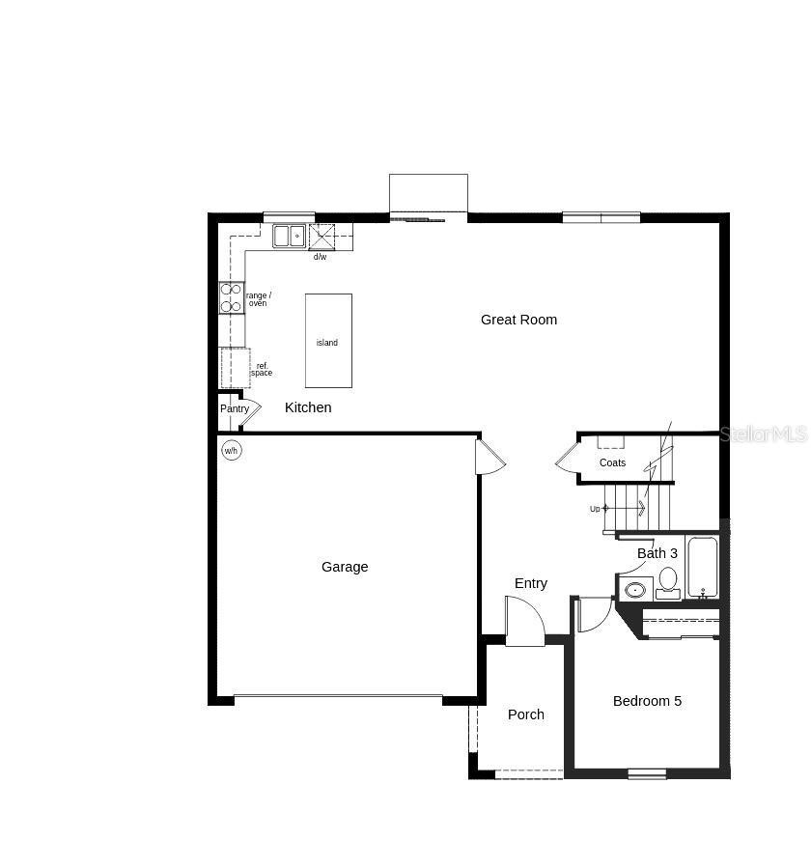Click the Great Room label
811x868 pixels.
(518, 320)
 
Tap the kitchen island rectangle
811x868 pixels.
(328, 341)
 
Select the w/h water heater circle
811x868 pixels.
(231, 451)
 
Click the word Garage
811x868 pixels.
(345, 567)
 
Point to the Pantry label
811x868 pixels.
(235, 409)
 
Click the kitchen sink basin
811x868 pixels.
(288, 236)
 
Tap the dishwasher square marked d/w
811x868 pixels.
(321, 236)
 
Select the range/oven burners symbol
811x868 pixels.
(232, 297)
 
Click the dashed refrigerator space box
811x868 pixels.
(236, 368)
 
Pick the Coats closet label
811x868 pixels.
(612, 462)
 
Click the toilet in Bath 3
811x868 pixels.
(668, 580)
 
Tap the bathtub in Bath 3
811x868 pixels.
(703, 568)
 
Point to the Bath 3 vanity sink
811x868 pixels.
(635, 589)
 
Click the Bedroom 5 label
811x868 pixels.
(647, 701)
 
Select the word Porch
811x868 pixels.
(526, 714)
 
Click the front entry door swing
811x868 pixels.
(524, 621)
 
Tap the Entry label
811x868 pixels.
(531, 583)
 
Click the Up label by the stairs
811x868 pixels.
(595, 509)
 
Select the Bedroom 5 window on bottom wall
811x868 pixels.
(647, 772)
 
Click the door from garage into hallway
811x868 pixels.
(489, 457)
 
